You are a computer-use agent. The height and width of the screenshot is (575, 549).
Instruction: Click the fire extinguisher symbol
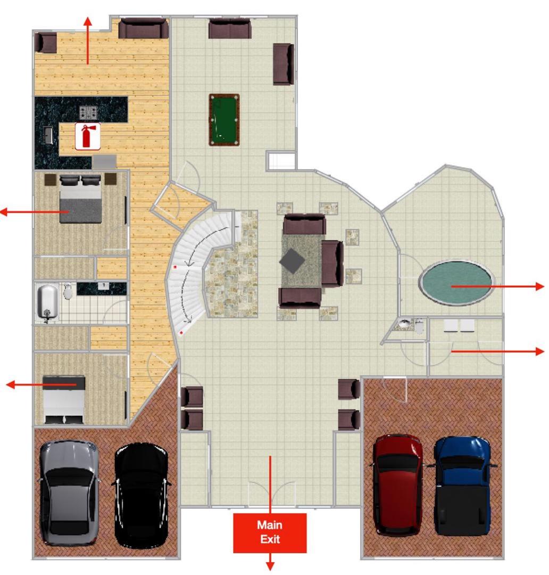[88, 136]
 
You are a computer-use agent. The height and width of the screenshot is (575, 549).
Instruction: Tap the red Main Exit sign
[270, 532]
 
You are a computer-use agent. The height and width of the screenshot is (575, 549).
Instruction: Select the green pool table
[224, 120]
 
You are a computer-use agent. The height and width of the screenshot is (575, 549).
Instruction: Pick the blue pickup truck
[463, 486]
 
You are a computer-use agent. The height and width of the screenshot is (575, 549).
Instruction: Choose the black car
[142, 495]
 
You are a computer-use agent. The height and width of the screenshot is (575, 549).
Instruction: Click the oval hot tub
[456, 283]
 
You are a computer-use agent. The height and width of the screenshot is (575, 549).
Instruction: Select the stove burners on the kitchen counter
[89, 112]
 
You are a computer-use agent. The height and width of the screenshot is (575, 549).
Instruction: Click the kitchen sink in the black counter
[48, 135]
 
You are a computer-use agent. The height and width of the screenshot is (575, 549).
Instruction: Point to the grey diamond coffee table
[292, 261]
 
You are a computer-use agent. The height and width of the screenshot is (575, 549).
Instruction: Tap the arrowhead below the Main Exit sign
[270, 566]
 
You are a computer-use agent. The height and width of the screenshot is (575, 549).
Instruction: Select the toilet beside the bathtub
[68, 292]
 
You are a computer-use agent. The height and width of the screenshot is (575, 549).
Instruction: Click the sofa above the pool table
[230, 29]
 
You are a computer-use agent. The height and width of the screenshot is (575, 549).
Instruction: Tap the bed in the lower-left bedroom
[64, 400]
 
